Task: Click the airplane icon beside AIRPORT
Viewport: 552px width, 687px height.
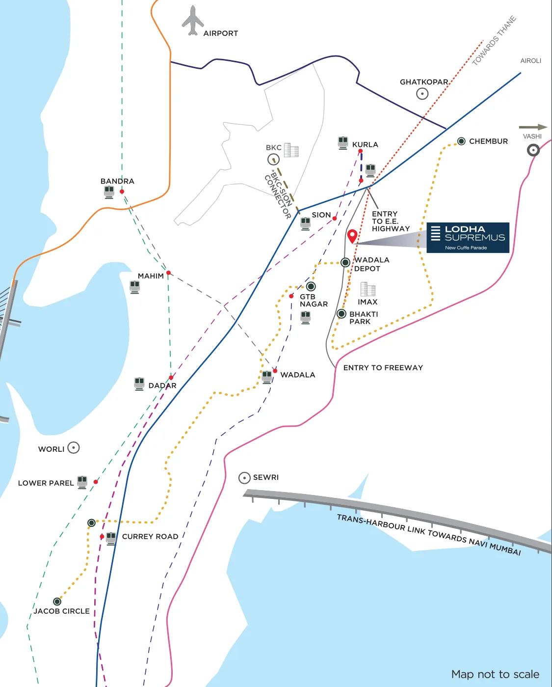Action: [x=193, y=21]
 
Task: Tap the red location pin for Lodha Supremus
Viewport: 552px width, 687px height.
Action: [x=352, y=236]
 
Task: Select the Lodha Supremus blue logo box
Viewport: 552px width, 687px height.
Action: [x=468, y=238]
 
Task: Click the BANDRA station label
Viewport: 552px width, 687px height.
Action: [x=117, y=181]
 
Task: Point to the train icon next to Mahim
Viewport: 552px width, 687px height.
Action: [x=134, y=286]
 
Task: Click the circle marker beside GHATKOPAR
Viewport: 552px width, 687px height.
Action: [x=422, y=93]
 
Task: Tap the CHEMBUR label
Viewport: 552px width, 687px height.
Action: [x=488, y=141]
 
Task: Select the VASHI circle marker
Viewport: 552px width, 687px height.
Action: [x=533, y=150]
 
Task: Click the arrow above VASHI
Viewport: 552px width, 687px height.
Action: [x=533, y=127]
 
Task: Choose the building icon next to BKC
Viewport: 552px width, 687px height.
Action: [x=291, y=150]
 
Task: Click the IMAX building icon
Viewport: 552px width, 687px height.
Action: [x=368, y=289]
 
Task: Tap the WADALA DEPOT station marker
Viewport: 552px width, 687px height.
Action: [x=345, y=262]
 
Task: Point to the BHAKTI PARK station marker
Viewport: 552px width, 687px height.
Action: [x=342, y=314]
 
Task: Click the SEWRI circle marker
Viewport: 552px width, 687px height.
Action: [x=244, y=478]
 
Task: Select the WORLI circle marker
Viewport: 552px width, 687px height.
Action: [x=74, y=448]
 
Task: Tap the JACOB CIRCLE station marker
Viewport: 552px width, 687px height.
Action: [x=57, y=602]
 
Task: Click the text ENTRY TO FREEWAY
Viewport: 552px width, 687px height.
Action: [x=383, y=368]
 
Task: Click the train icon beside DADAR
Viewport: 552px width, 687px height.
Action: [x=139, y=384]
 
